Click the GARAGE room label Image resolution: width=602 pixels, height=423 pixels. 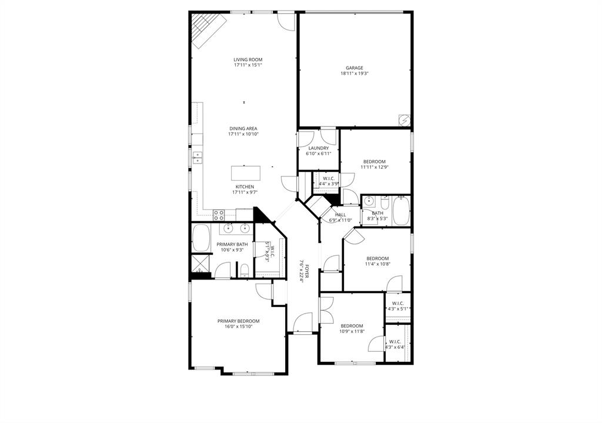(x=354, y=68)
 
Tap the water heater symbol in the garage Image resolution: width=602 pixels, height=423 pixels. (x=404, y=119)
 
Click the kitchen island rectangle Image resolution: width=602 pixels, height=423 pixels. (x=245, y=173)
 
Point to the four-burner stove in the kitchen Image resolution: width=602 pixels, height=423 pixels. (x=219, y=214)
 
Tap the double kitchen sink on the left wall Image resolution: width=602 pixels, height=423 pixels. (x=198, y=157)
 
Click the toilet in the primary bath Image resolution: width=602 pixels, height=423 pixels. (x=244, y=270)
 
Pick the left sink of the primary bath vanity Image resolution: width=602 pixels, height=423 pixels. (x=229, y=228)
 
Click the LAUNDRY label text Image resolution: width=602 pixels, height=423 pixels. (x=318, y=148)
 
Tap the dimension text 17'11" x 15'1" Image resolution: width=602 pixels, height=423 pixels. (x=248, y=65)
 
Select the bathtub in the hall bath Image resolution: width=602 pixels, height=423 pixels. (x=401, y=211)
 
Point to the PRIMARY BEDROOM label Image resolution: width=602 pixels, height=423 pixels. (x=238, y=321)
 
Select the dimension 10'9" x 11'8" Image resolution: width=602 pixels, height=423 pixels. (x=352, y=331)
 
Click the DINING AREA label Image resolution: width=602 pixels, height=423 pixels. (x=243, y=128)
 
